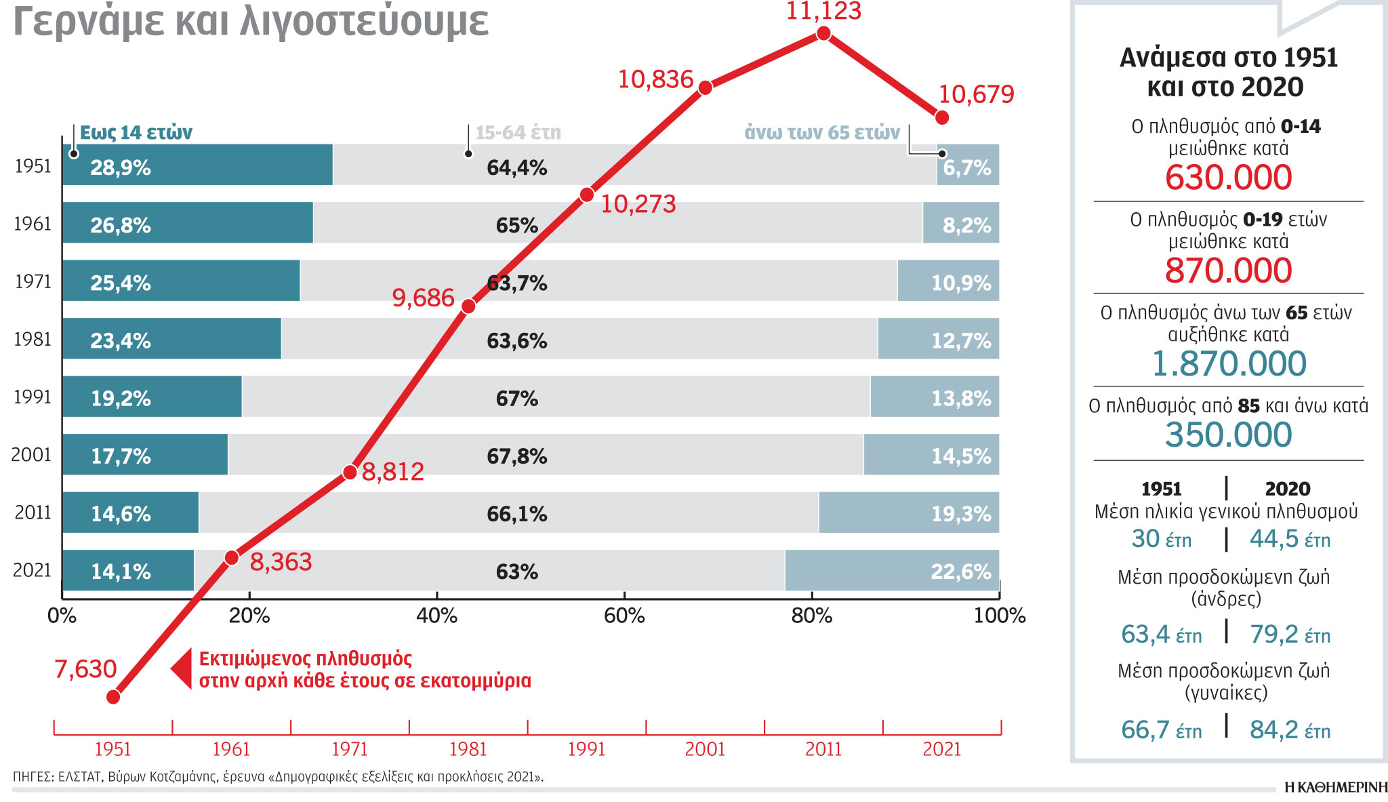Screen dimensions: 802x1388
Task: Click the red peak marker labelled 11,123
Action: [823, 33]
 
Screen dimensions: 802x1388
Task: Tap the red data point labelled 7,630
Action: [114, 697]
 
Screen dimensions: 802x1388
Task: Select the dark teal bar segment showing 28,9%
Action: [197, 165]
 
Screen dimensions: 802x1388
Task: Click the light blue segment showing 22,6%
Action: [891, 571]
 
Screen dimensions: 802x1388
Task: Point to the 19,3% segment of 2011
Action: [908, 513]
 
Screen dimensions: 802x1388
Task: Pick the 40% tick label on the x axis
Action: [436, 616]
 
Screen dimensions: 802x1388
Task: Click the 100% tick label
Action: [1000, 616]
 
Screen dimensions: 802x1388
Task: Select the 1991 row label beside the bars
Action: [33, 397]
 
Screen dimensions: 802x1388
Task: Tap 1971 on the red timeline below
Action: [350, 749]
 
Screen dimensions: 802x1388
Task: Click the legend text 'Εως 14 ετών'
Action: [136, 132]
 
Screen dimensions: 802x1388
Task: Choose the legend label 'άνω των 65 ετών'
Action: [822, 132]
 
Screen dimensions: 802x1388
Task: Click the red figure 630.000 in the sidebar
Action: [1228, 178]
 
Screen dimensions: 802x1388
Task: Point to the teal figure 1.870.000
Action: [1229, 364]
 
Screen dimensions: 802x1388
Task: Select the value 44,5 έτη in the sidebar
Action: [1290, 540]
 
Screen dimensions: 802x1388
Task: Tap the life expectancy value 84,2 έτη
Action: [1290, 730]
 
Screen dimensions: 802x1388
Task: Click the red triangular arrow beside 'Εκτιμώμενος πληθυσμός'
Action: [182, 669]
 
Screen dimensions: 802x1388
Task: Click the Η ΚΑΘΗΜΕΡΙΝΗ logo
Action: [1336, 787]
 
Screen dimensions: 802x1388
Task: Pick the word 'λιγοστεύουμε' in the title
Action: [364, 22]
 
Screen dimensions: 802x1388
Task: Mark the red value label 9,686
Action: [423, 298]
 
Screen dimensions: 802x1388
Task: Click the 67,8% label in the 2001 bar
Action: [516, 456]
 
